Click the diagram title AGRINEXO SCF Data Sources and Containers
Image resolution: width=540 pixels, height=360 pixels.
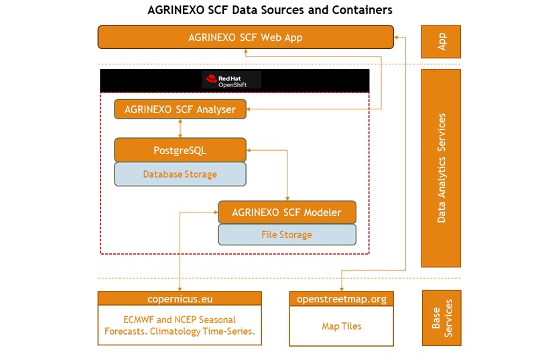point(269,10)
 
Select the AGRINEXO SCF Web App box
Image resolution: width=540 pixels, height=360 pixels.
point(245,38)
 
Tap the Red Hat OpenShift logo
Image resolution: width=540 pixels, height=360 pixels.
point(232,80)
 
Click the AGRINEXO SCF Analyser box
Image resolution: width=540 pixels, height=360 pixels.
point(180,109)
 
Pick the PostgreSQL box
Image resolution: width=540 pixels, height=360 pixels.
point(180,150)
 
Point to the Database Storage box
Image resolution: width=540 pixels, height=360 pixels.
point(180,174)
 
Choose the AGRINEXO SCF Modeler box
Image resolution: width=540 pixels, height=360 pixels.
point(287,213)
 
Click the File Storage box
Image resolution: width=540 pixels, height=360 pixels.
point(287,235)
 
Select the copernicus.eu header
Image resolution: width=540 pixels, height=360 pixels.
point(180,298)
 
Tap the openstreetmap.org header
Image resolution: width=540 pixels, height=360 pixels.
point(342,298)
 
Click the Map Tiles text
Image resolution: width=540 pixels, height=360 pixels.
point(342,326)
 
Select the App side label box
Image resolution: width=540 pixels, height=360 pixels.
point(441,42)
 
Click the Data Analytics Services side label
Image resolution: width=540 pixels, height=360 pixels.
point(441,168)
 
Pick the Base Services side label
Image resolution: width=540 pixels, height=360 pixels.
point(441,318)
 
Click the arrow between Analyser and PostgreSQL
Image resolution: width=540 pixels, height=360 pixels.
point(180,128)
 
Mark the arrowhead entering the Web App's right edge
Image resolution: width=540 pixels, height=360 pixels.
point(397,38)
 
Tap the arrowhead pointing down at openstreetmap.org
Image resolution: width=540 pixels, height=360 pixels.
point(342,288)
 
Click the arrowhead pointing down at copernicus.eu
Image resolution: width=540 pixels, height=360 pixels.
point(180,288)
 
